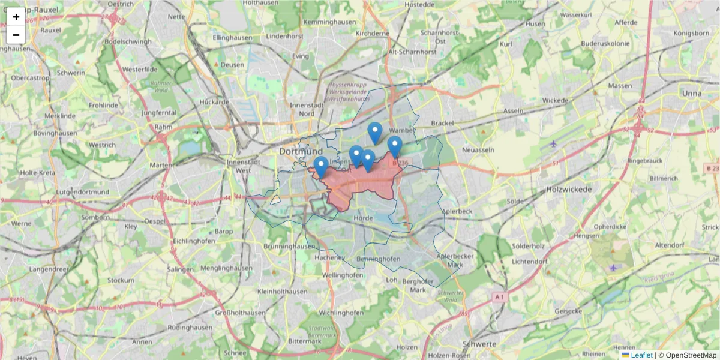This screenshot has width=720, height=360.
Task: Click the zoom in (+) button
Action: click(16, 17)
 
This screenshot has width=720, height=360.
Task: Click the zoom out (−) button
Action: click(16, 35)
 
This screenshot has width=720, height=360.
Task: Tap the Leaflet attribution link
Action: click(641, 355)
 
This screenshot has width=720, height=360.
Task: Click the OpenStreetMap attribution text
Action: click(691, 355)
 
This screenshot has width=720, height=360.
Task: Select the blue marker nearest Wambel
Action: click(394, 146)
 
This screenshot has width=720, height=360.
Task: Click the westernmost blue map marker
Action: click(321, 166)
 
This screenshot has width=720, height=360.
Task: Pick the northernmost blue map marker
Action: click(375, 132)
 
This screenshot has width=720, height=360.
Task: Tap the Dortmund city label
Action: click(301, 151)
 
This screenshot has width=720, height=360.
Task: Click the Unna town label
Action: click(692, 93)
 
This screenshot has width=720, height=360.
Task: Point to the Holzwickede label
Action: click(569, 189)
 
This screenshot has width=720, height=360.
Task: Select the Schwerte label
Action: click(479, 344)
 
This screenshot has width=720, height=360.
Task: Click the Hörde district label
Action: click(364, 218)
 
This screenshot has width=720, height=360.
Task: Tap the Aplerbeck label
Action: click(457, 211)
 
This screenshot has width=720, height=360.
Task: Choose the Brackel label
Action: click(442, 123)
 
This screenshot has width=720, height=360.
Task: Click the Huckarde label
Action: click(214, 101)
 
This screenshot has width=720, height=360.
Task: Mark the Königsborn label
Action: click(692, 33)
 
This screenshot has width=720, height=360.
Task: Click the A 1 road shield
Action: click(499, 296)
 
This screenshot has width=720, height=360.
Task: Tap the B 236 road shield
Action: click(400, 163)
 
